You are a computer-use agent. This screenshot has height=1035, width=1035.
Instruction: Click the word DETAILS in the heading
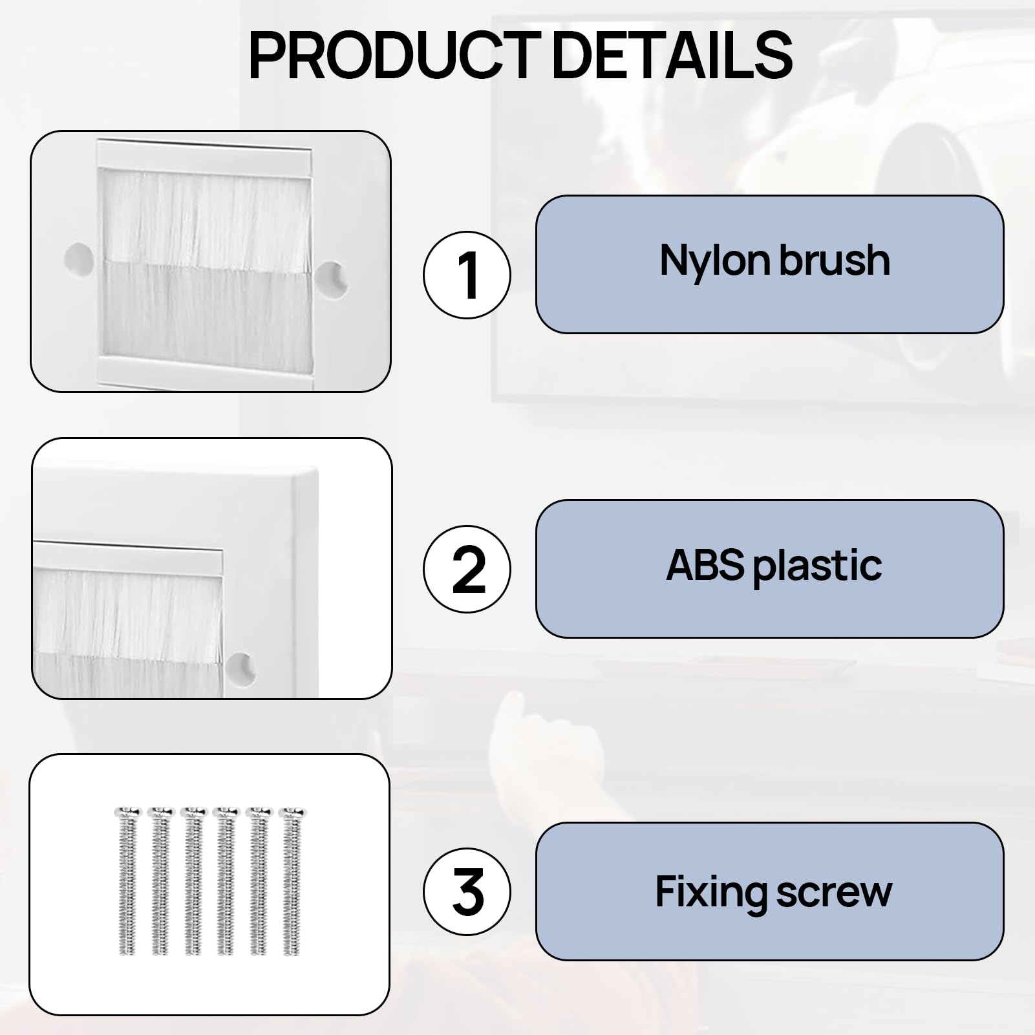click(x=673, y=56)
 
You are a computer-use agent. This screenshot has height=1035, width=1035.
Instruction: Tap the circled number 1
click(x=467, y=275)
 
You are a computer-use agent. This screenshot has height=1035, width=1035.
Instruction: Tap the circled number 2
click(x=467, y=569)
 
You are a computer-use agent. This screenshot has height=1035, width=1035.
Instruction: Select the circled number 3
click(x=467, y=891)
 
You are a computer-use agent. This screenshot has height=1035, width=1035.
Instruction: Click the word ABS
click(x=705, y=564)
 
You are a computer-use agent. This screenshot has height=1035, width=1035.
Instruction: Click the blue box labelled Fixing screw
click(x=769, y=891)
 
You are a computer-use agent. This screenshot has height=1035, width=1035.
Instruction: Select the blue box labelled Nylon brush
click(x=769, y=264)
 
